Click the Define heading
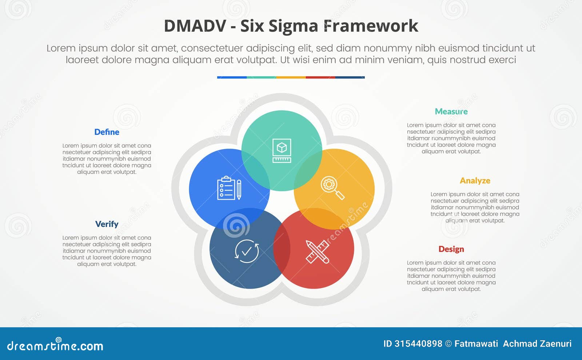107,132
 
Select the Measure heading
451,112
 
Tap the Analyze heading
475,181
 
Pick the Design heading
451,249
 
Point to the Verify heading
107,224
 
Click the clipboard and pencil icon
229,188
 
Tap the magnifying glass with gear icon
332,188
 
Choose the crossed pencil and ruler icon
317,252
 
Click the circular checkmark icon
247,251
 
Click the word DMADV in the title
195,26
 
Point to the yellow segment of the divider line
291,77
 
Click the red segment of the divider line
320,77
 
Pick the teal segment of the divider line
261,77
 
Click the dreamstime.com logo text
55,345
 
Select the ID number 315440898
418,344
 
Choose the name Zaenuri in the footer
555,344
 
